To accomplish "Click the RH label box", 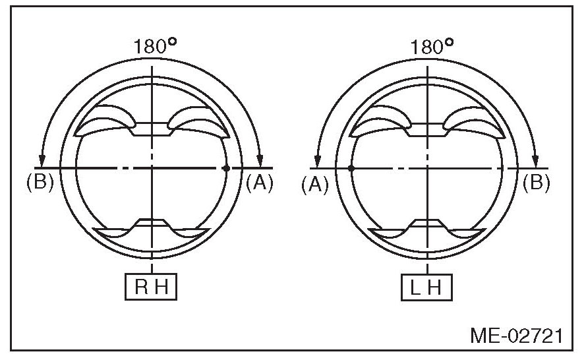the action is coord(151,287).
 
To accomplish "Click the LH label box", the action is coord(427,287).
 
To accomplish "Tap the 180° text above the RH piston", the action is coord(155,46).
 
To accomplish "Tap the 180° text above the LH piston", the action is coord(432,47).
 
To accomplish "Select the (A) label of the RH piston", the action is coord(260,183).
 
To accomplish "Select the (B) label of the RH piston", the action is coord(40,183).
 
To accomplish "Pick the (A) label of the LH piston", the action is coord(315,185).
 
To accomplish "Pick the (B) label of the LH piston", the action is coord(536,183).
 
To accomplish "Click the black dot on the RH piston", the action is coord(225,168).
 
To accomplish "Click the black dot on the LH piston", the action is coord(351,168).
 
